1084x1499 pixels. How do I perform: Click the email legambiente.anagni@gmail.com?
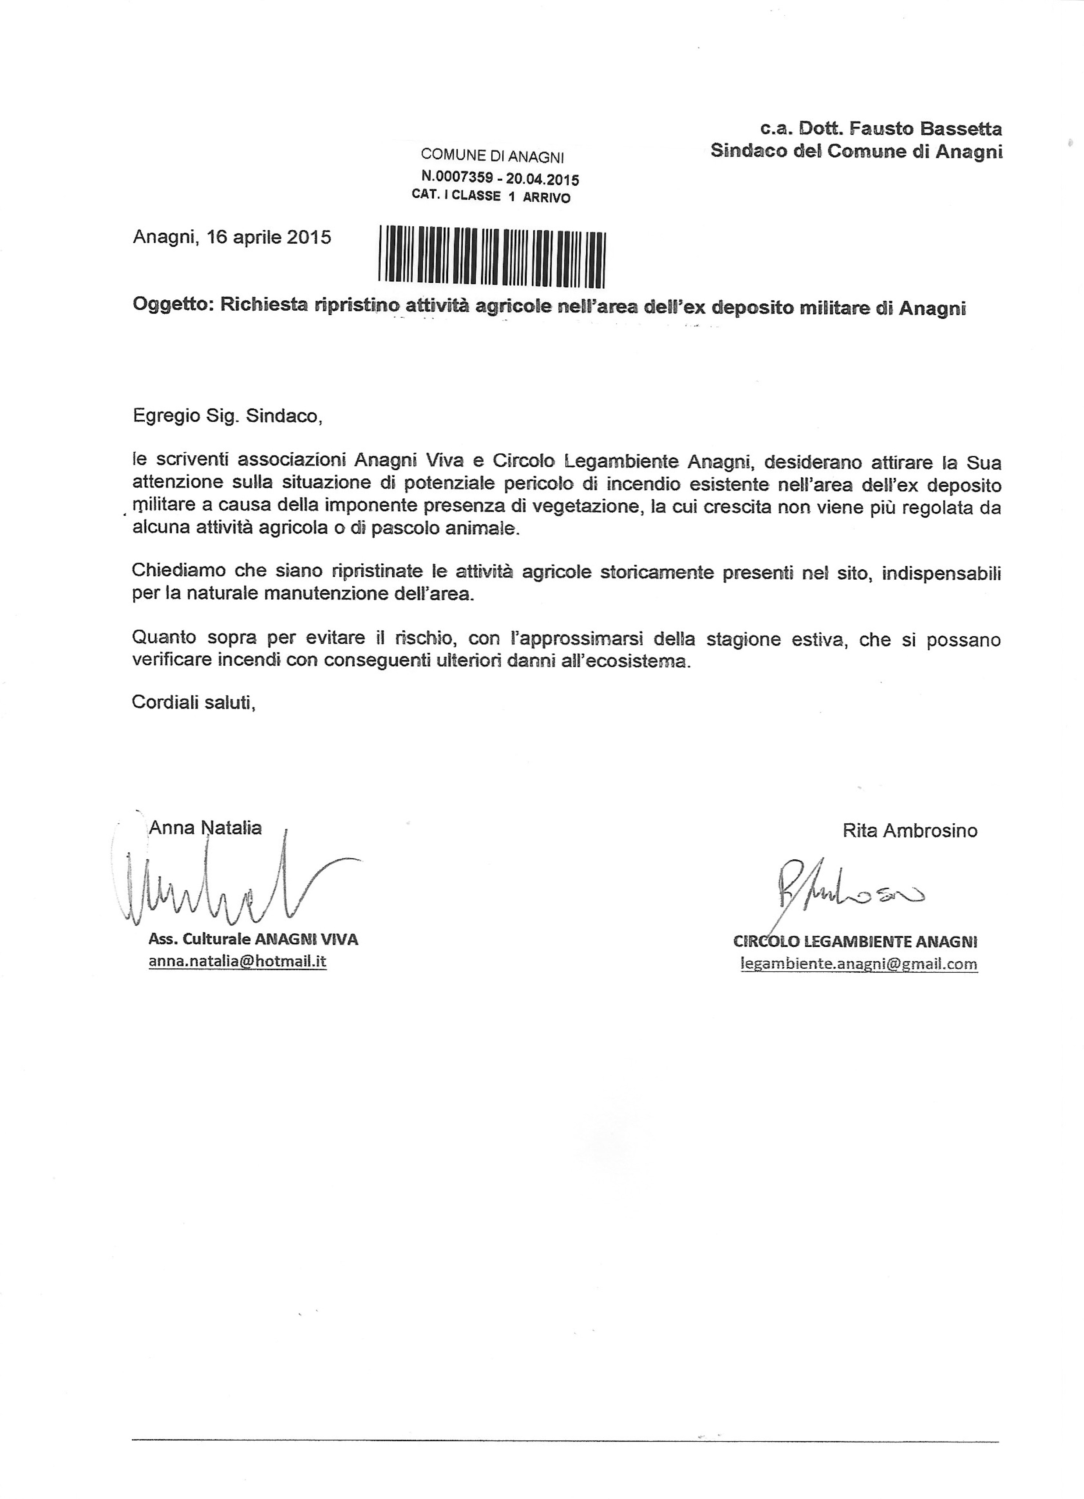point(859,964)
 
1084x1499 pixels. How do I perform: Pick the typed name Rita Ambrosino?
point(910,830)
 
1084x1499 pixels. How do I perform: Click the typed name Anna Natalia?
point(205,827)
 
